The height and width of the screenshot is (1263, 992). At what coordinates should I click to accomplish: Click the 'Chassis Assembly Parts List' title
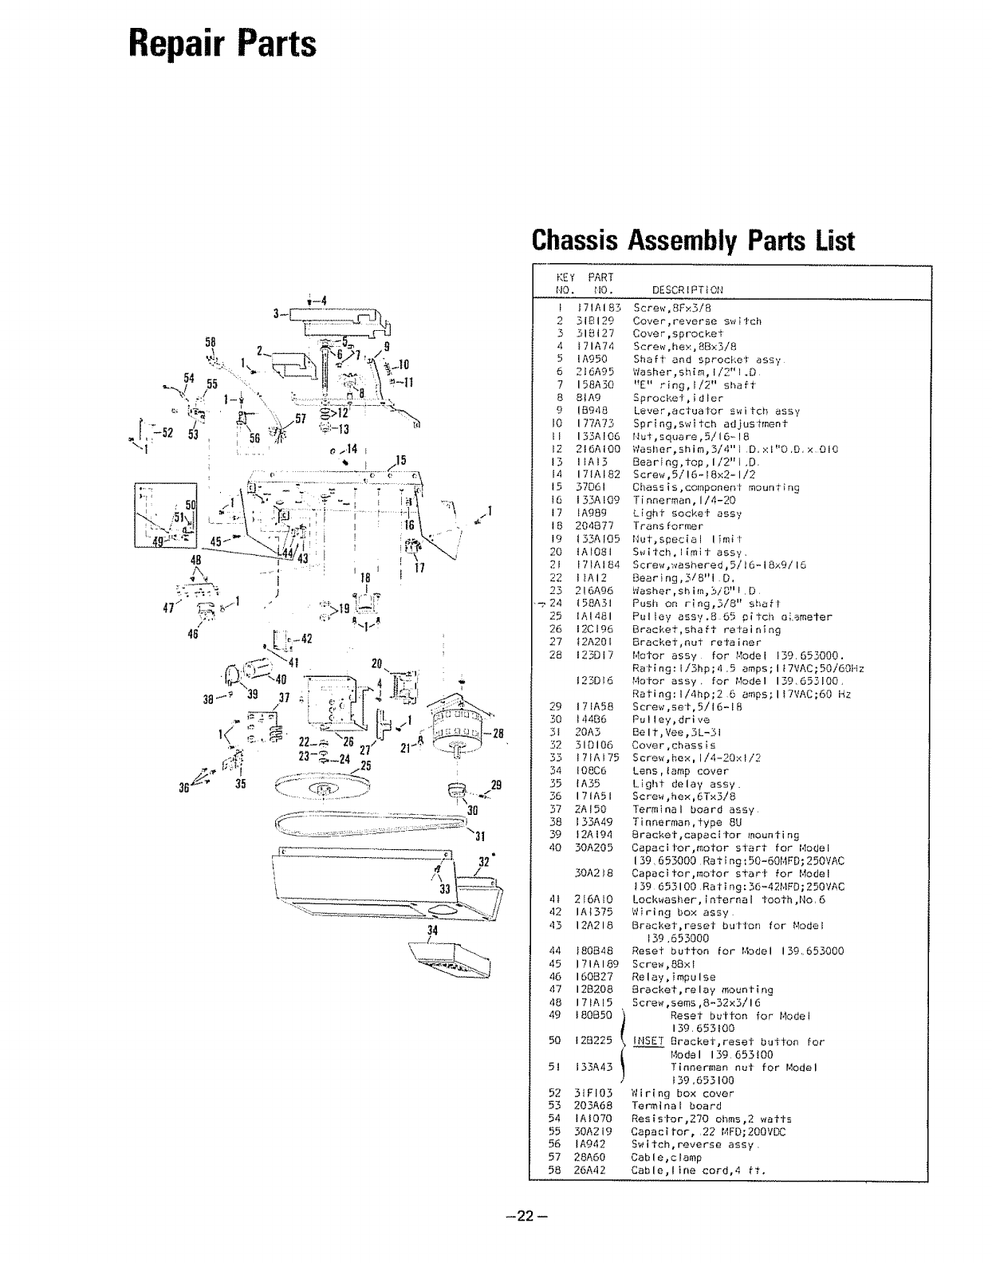(693, 241)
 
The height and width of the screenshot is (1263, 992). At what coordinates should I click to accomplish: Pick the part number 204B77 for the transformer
(594, 526)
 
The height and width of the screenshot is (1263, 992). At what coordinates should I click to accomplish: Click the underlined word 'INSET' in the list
(648, 1041)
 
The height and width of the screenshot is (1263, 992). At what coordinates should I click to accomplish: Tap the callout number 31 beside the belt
(480, 836)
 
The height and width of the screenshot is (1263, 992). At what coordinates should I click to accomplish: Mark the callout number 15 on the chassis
(401, 460)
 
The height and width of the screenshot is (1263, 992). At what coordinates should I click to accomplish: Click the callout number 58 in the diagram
(211, 341)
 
